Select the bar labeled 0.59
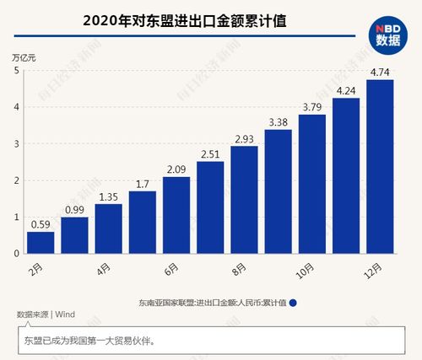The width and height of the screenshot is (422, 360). click(41, 242)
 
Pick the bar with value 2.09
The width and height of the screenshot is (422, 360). click(176, 215)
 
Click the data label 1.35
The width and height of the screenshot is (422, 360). click(108, 196)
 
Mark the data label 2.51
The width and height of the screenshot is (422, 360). click(210, 153)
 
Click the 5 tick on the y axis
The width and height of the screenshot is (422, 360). click(16, 70)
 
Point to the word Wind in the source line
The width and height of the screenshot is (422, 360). click(65, 314)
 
